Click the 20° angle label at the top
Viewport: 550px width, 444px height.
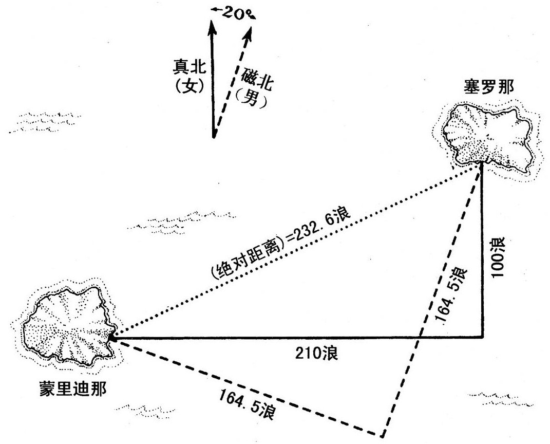[x=233, y=13]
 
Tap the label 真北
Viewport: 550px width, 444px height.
[x=189, y=67]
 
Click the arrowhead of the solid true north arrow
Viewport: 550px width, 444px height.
[x=212, y=26]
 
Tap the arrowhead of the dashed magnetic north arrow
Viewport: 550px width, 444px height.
[x=249, y=33]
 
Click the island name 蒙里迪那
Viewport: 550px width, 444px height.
[x=73, y=389]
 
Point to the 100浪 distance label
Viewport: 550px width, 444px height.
[x=498, y=257]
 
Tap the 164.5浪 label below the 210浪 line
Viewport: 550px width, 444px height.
[x=246, y=405]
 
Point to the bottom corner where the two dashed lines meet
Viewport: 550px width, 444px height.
[x=382, y=435]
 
